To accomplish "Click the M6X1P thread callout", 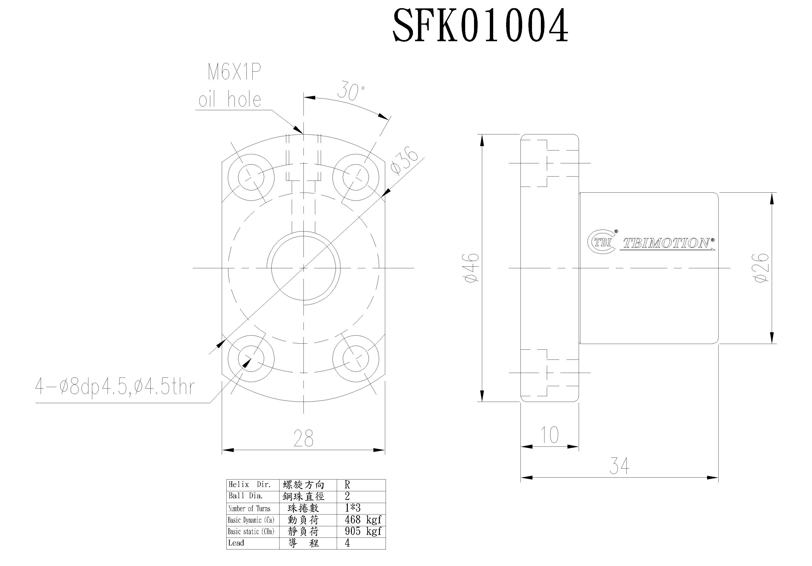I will tap(234, 73).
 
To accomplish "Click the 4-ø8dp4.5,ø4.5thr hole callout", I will tap(115, 387).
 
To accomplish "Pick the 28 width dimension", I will tap(303, 439).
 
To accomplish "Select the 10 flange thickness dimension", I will tap(550, 435).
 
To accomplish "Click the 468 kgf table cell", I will tap(362, 520).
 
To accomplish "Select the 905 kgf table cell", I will tap(362, 531).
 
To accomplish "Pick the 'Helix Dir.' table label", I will tap(249, 485).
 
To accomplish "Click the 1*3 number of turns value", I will tap(352, 508).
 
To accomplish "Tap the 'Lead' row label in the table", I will tap(236, 543).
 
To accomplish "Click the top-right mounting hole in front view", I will tap(355, 177).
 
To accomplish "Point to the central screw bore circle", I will tap(303, 268).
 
